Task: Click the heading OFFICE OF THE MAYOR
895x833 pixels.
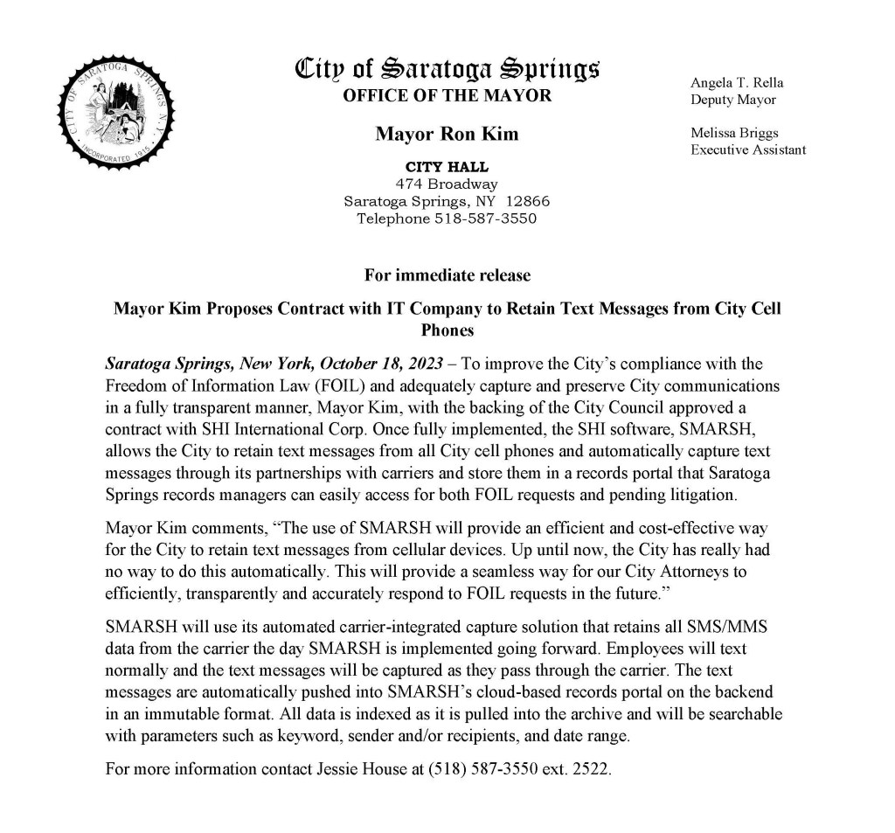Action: coord(447,96)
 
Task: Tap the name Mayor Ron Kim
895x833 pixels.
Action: coord(447,134)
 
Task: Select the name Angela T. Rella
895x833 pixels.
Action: coord(737,83)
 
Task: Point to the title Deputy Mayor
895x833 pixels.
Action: coord(732,100)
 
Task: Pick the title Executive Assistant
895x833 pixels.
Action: coord(748,150)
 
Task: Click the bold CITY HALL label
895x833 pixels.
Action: coord(447,167)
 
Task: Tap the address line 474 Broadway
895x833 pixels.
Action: coord(447,184)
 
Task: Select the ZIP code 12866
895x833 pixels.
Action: coord(528,201)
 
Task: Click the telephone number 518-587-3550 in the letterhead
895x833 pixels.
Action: coord(485,218)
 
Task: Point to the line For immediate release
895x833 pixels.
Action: coord(447,275)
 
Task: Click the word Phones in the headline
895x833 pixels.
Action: coord(447,330)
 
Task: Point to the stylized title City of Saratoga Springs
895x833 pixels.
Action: coord(447,66)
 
